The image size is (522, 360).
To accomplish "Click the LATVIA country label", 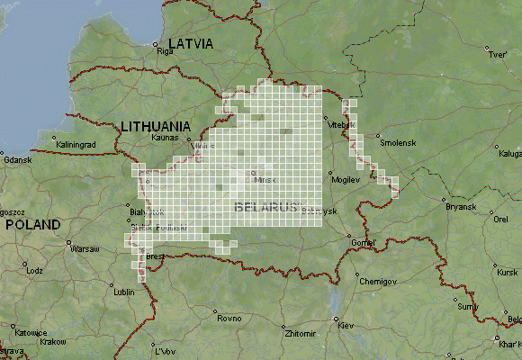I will click(x=191, y=43).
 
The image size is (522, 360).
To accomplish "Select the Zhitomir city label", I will click(x=300, y=333).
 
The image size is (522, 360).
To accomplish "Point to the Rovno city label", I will click(x=229, y=318).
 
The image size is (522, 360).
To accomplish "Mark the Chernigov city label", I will click(x=377, y=282).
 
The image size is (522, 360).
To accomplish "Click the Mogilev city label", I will click(x=346, y=180).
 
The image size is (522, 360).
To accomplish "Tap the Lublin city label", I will click(x=122, y=292).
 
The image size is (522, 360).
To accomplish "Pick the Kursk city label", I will click(x=508, y=272).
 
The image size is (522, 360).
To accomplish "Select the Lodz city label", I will click(x=35, y=270).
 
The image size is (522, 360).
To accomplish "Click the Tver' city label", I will click(x=497, y=55).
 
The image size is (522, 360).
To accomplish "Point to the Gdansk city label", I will click(x=17, y=160).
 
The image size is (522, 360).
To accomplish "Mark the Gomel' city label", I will click(x=363, y=243).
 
